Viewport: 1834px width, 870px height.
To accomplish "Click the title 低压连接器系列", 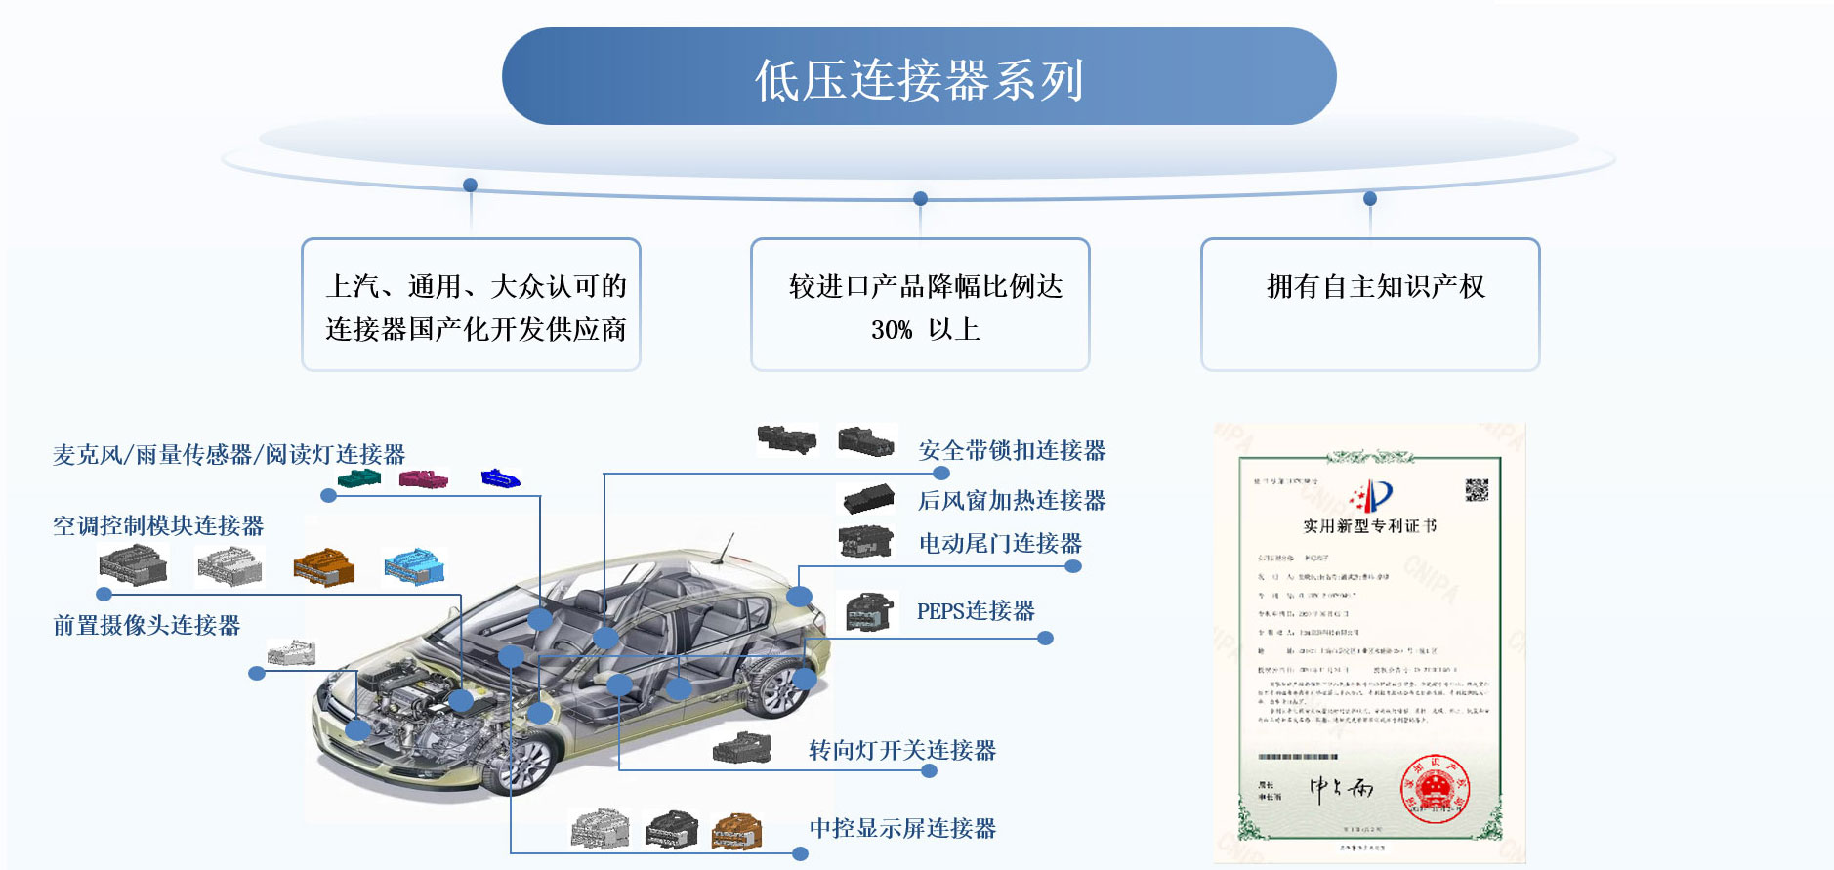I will click(918, 79).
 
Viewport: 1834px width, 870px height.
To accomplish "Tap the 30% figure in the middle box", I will click(891, 330).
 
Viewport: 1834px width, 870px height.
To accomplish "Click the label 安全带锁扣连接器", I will click(1012, 450).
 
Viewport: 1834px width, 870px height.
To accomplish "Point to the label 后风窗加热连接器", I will click(1012, 500).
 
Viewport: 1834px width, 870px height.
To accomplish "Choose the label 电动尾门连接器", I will click(1000, 543).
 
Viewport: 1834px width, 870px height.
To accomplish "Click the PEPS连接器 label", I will click(976, 611).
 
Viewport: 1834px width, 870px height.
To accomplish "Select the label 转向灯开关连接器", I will click(902, 750).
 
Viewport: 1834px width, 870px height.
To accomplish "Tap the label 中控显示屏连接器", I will click(902, 828).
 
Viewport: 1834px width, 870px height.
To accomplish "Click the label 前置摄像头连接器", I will click(146, 625).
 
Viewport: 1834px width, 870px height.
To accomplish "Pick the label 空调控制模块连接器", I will click(158, 525).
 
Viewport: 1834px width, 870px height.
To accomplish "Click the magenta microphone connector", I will click(424, 479).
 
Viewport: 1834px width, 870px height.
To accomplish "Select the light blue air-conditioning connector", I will click(414, 566).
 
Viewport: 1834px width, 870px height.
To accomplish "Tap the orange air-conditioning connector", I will click(324, 567).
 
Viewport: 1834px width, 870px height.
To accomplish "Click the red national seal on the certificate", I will click(1436, 787).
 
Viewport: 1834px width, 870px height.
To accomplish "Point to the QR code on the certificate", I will click(1477, 490).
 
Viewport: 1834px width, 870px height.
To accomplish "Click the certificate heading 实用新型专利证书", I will click(1369, 526).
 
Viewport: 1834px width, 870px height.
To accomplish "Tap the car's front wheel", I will click(518, 763).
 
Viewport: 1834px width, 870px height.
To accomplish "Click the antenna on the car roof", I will click(725, 548).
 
